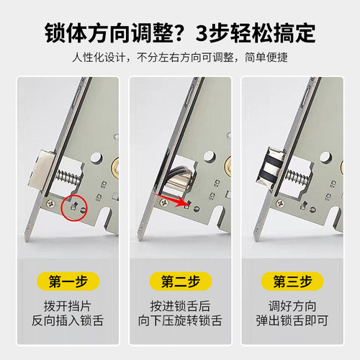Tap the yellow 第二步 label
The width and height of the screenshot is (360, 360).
pos(179,281)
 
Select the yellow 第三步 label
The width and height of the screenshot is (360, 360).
pos(294,281)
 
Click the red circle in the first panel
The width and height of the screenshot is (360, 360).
pos(74,207)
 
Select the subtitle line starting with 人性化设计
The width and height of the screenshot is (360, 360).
pos(179,57)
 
